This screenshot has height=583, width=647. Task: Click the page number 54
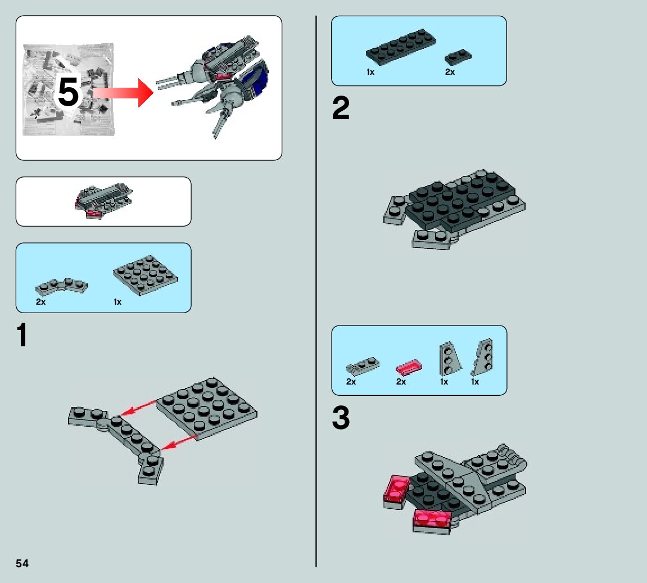(22, 563)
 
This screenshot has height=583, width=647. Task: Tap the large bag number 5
(69, 93)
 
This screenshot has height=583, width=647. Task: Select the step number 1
(22, 336)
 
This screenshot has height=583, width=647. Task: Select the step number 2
(341, 109)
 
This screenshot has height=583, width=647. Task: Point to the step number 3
(341, 419)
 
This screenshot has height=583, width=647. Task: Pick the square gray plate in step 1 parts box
(145, 274)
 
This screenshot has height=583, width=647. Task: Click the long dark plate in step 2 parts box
(401, 47)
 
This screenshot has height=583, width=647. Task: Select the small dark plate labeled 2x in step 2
(458, 57)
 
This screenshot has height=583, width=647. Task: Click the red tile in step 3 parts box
(409, 367)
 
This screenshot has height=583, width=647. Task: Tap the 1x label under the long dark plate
(370, 73)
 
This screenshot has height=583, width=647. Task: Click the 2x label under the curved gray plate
(40, 302)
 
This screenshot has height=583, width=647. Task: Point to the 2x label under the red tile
(401, 382)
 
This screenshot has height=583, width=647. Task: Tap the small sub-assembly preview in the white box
(104, 199)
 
